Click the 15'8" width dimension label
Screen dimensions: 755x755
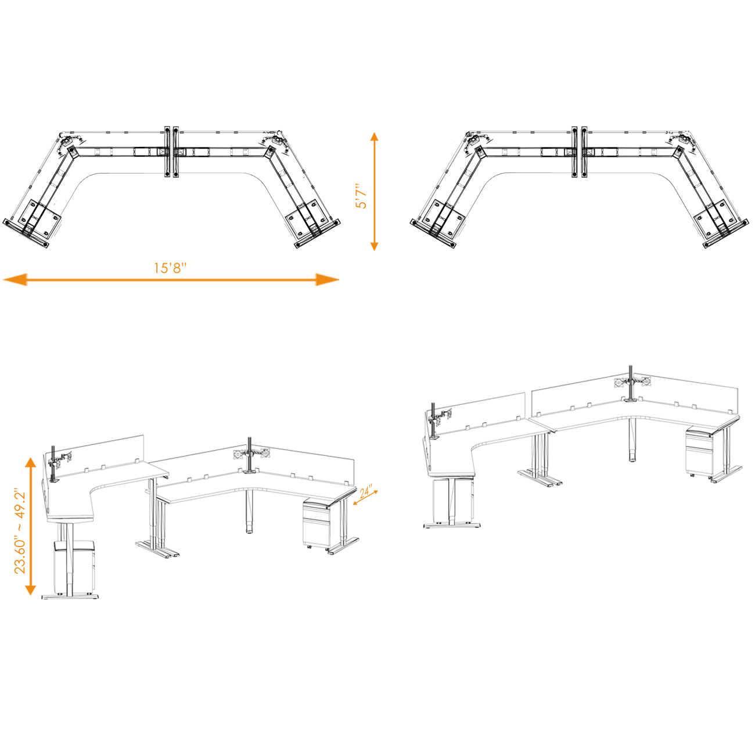(x=170, y=268)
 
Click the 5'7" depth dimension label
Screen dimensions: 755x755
(x=361, y=196)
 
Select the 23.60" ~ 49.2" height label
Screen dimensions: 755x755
(x=20, y=531)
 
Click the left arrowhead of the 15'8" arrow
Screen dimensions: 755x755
(x=15, y=280)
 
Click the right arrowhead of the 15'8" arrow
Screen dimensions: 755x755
(x=327, y=280)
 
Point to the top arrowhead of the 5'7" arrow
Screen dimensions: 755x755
(x=374, y=136)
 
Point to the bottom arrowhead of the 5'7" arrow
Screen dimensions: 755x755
(x=374, y=246)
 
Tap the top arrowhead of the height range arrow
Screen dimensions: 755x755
(x=31, y=463)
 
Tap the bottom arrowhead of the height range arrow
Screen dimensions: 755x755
(x=31, y=589)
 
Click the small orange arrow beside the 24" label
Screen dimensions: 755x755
(x=365, y=498)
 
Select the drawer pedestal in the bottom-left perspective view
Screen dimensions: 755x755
(x=317, y=523)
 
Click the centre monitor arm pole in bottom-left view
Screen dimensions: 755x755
(x=249, y=455)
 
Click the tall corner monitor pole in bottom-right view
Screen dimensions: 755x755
(x=631, y=383)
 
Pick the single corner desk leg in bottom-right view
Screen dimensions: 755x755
(x=631, y=440)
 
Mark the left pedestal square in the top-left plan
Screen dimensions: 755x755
(x=41, y=217)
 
